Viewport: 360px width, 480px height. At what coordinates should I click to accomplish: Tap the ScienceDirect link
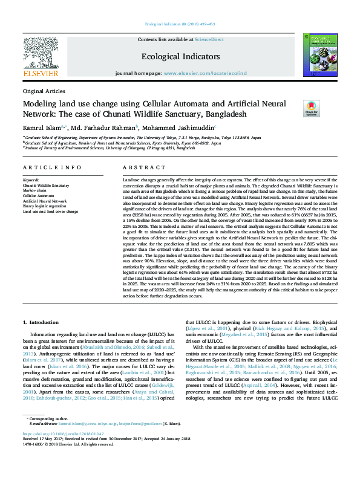pyautogui.click(x=209, y=39)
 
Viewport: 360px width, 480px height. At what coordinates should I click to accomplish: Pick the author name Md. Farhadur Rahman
pyautogui.click(x=104, y=128)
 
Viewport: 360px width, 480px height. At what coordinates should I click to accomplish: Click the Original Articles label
pyautogui.click(x=44, y=90)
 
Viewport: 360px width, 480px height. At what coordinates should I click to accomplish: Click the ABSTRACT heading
pyautogui.click(x=140, y=167)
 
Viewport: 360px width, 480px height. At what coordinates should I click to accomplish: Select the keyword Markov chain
pyautogui.click(x=34, y=191)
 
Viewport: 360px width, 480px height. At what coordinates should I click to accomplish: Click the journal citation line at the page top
pyautogui.click(x=180, y=25)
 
